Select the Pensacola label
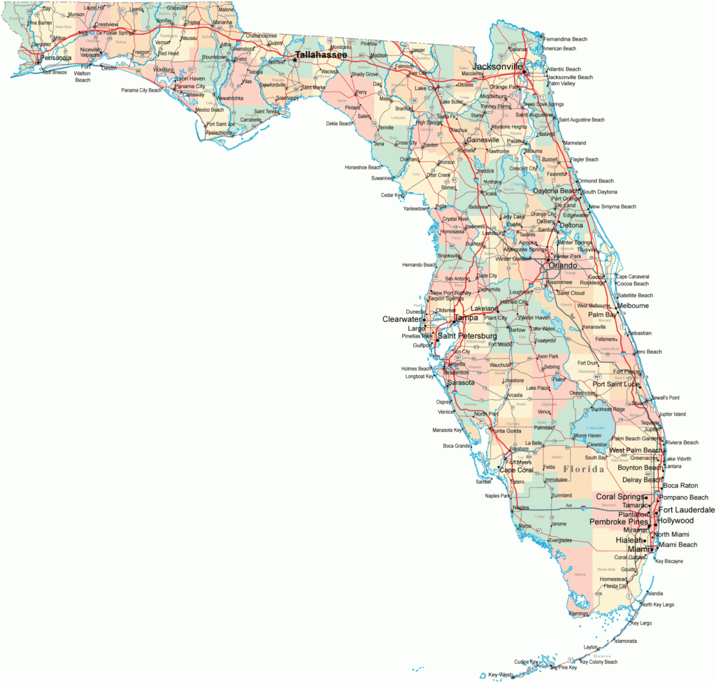[x=56, y=58]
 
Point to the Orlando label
[x=563, y=266]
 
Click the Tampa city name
[x=466, y=318]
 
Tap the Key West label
[x=501, y=674]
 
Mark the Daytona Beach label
[x=556, y=191]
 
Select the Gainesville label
[x=483, y=140]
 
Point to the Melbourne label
[x=632, y=305]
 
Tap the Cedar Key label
[x=392, y=195]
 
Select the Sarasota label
[x=461, y=383]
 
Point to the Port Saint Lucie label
[x=616, y=384]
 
